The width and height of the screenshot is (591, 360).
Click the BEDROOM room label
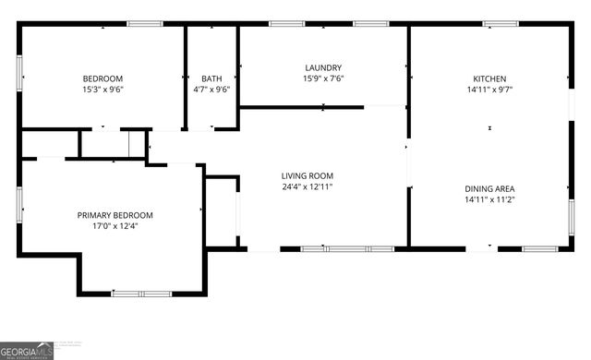click(x=103, y=78)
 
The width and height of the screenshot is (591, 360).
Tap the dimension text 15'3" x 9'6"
click(x=103, y=90)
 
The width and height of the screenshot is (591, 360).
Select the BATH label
click(x=211, y=78)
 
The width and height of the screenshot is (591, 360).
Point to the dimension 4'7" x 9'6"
click(x=211, y=90)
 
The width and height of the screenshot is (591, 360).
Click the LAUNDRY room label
click(x=324, y=67)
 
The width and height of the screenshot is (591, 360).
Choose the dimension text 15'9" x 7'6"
click(x=324, y=79)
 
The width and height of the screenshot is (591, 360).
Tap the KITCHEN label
click(x=489, y=78)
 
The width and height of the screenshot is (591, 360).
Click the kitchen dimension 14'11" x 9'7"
click(x=489, y=90)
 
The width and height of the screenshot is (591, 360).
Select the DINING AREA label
click(x=489, y=188)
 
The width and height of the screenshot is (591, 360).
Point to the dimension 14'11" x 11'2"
click(x=489, y=200)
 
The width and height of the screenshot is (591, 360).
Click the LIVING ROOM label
click(x=308, y=175)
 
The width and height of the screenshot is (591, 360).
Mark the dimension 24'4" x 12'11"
click(x=308, y=187)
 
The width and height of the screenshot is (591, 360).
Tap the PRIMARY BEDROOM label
click(x=115, y=215)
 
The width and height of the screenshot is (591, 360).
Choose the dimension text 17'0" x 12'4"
click(x=115, y=227)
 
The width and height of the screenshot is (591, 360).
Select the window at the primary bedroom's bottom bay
click(x=141, y=294)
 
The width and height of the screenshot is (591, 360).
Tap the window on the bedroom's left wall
click(x=19, y=74)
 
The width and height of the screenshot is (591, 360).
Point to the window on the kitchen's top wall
click(x=500, y=24)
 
